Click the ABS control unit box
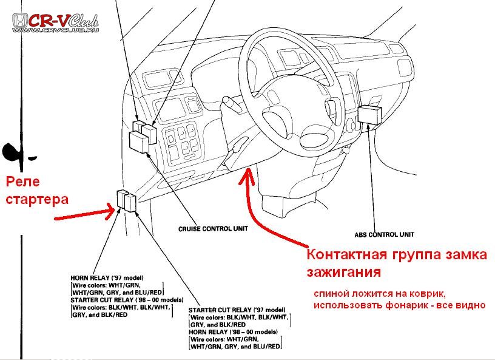pos(369,114)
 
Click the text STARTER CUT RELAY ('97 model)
pos(237,310)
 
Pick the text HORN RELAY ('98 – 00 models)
pos(234,332)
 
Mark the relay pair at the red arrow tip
pos(127,201)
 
